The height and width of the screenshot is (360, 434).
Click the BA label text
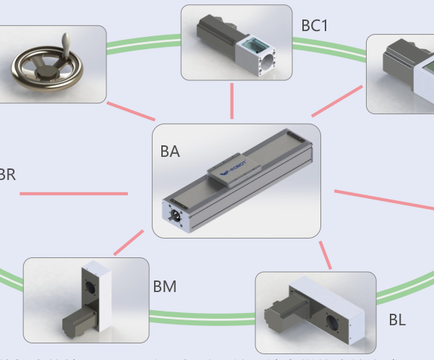170,152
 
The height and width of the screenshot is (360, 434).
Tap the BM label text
165,287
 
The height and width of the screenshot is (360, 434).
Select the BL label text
397,319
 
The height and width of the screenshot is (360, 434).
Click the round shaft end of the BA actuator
176,215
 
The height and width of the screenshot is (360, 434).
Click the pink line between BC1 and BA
232,100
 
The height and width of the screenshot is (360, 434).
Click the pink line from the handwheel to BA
131,111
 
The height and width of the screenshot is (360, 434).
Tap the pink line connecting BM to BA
129,243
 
